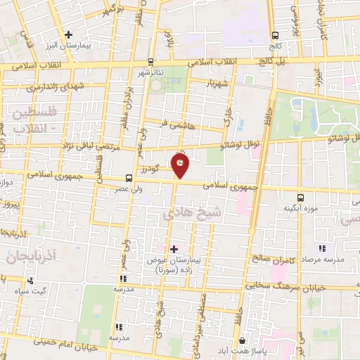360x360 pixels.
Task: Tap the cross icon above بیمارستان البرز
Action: [x=68, y=34]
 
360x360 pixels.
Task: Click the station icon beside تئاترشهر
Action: [x=151, y=62]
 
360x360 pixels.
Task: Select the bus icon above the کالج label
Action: [x=276, y=35]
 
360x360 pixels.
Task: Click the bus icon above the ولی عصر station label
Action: [x=129, y=178]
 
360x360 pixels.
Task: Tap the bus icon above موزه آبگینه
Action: [x=301, y=198]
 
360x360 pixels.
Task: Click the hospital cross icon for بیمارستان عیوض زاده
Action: [x=174, y=249]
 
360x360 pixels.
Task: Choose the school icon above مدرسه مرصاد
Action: [x=322, y=247]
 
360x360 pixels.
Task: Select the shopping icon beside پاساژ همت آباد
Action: [x=242, y=340]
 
